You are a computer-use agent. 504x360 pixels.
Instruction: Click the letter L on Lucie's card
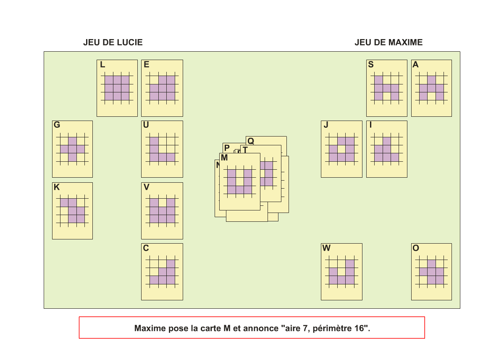[x=102, y=65]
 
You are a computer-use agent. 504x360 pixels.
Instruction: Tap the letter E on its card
[x=147, y=65]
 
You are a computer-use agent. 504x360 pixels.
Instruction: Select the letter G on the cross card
[x=57, y=125]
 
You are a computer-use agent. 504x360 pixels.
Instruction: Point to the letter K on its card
[x=57, y=187]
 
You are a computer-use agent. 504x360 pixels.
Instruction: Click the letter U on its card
[x=146, y=125]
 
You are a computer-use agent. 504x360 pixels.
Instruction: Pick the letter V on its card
[x=147, y=187]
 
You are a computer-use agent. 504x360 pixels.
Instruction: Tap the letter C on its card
[x=146, y=248]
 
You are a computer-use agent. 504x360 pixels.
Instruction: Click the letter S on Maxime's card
[x=371, y=65]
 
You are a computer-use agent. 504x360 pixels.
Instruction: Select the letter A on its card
[x=415, y=65]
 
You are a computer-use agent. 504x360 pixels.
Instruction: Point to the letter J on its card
[x=326, y=125]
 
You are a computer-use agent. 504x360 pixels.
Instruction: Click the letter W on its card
[x=326, y=248]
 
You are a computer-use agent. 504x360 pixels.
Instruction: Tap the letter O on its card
[x=416, y=248]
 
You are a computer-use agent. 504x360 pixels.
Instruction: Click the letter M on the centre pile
[x=224, y=158]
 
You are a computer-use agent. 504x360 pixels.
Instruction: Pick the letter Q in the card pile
[x=251, y=141]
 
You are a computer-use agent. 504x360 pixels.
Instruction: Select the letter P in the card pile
[x=227, y=148]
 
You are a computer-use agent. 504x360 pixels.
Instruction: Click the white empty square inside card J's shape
[x=341, y=149]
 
